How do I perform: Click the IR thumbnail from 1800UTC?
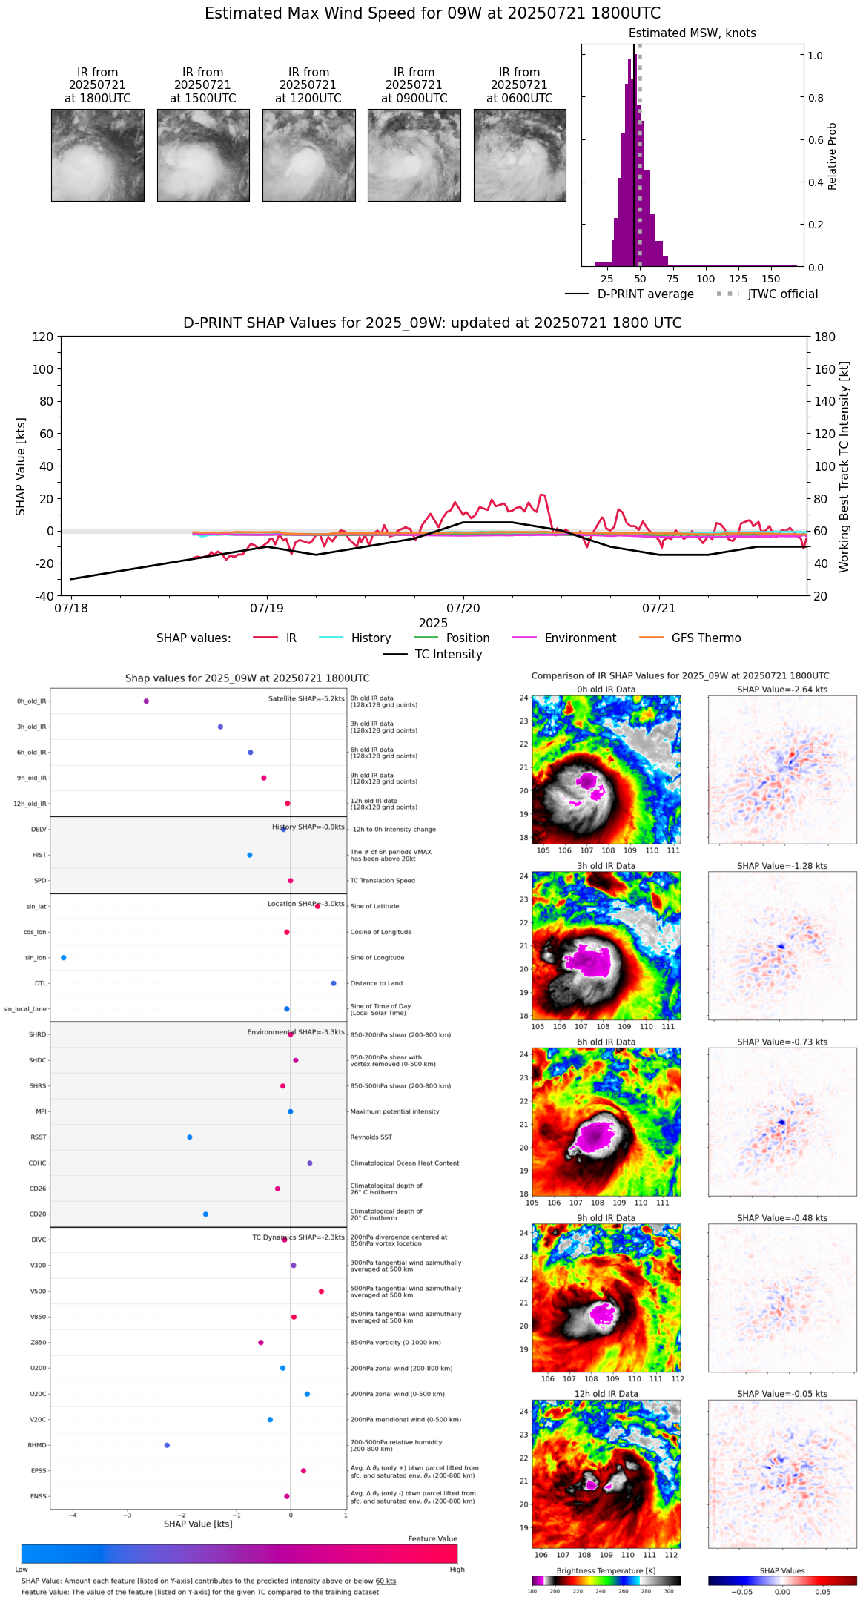pos(98,155)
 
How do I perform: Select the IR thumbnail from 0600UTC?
pos(520,155)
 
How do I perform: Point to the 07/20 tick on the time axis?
pos(463,608)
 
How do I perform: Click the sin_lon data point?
pos(64,958)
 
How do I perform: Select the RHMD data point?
pos(167,1445)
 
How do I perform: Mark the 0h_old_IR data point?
pos(146,701)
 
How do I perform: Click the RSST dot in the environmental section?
pos(190,1137)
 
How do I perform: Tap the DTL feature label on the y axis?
pos(40,984)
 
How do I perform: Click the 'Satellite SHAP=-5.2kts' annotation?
pos(306,699)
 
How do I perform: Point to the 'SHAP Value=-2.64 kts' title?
pos(782,690)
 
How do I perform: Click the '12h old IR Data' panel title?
pos(606,1394)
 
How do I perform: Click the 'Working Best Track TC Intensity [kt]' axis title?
pos(844,467)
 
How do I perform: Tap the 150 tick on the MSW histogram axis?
pos(771,280)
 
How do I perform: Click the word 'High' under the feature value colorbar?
pos(457,1570)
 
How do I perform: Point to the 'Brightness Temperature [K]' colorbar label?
pos(606,1571)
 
